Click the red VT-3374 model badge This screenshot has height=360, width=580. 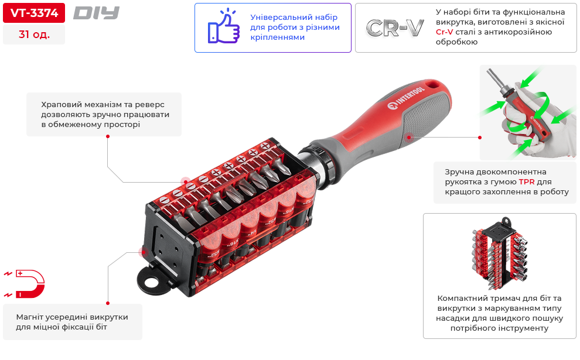click(34, 13)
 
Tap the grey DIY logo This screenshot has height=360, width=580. click(96, 13)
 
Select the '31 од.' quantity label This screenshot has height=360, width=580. click(34, 35)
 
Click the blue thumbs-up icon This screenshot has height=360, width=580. click(223, 26)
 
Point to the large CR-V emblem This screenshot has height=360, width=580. click(395, 28)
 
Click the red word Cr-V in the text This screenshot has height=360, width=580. click(444, 32)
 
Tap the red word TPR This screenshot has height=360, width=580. click(526, 182)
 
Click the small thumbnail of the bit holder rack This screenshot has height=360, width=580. click(500, 253)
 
